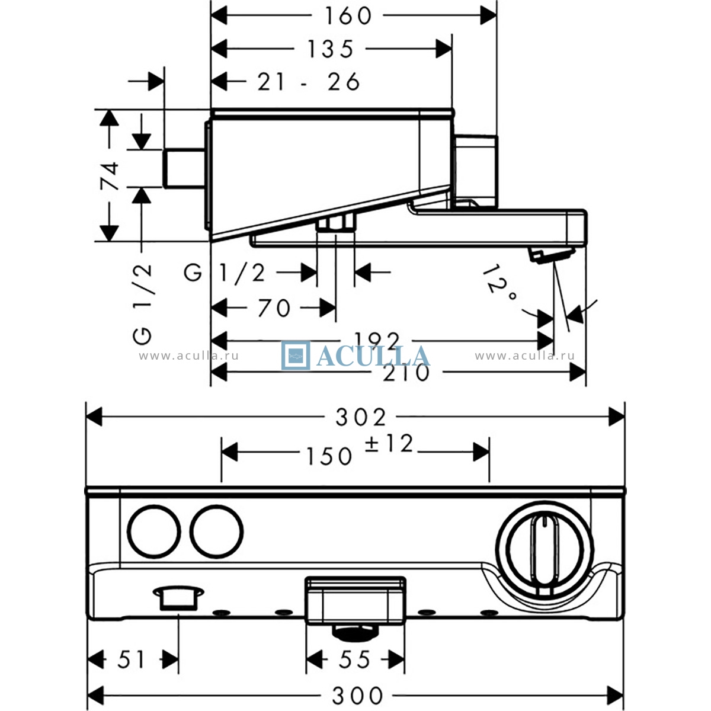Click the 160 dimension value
click(x=348, y=16)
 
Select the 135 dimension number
click(x=330, y=49)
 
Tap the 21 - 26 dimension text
click(x=309, y=82)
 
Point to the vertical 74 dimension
click(x=110, y=175)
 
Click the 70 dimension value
click(x=274, y=308)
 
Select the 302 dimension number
click(x=360, y=417)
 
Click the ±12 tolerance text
click(x=388, y=443)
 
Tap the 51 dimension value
click(x=131, y=659)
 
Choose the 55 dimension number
click(x=354, y=659)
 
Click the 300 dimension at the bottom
click(x=357, y=696)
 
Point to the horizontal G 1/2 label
click(x=225, y=273)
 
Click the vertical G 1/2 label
click(x=142, y=304)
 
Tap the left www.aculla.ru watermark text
click(x=189, y=356)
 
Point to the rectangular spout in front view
click(x=356, y=601)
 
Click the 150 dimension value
click(x=329, y=456)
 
